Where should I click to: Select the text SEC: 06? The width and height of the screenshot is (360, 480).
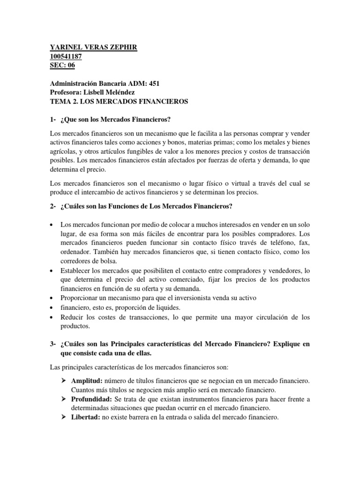[x=62, y=66]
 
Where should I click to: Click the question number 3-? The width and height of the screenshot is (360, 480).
[x=53, y=345]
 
